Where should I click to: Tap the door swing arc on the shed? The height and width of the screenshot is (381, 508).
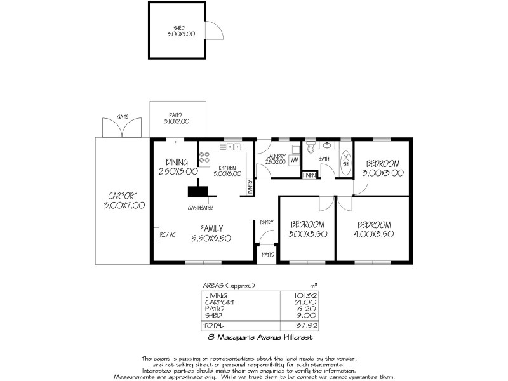pyautogui.click(x=215, y=31)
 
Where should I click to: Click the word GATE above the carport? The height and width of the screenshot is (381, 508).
pyautogui.click(x=123, y=117)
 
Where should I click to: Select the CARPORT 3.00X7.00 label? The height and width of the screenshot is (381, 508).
pyautogui.click(x=124, y=201)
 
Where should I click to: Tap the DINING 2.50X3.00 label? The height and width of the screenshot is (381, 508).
pyautogui.click(x=178, y=166)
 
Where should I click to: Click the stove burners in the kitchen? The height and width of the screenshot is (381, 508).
pyautogui.click(x=204, y=157)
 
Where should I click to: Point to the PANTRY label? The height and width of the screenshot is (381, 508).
pyautogui.click(x=250, y=185)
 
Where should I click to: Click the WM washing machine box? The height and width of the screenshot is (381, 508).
pyautogui.click(x=294, y=160)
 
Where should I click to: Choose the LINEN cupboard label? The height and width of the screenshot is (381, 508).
pyautogui.click(x=309, y=175)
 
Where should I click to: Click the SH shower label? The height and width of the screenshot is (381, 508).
pyautogui.click(x=346, y=163)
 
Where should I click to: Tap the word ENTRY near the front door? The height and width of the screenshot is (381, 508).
pyautogui.click(x=266, y=222)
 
